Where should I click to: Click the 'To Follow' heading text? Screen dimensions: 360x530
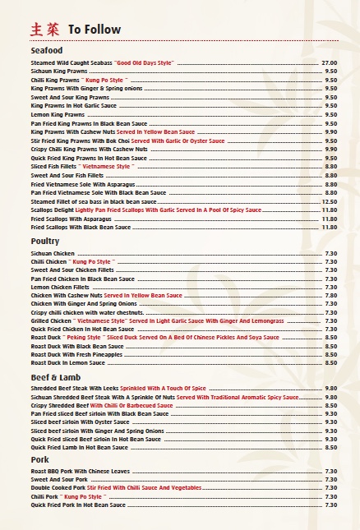pos(94,30)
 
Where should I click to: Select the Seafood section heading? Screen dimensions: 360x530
pos(47,51)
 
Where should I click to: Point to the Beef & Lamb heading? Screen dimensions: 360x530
pos(54,377)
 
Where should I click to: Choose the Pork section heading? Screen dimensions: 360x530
pos(40,460)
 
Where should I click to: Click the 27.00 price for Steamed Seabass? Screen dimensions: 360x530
pos(329,62)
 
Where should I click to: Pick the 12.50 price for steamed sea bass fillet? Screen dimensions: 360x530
pos(329,201)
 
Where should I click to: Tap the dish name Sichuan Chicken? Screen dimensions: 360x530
pos(53,254)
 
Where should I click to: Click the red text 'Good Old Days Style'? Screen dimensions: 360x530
pos(144,62)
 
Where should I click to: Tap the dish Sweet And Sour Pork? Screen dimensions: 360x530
pos(58,480)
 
